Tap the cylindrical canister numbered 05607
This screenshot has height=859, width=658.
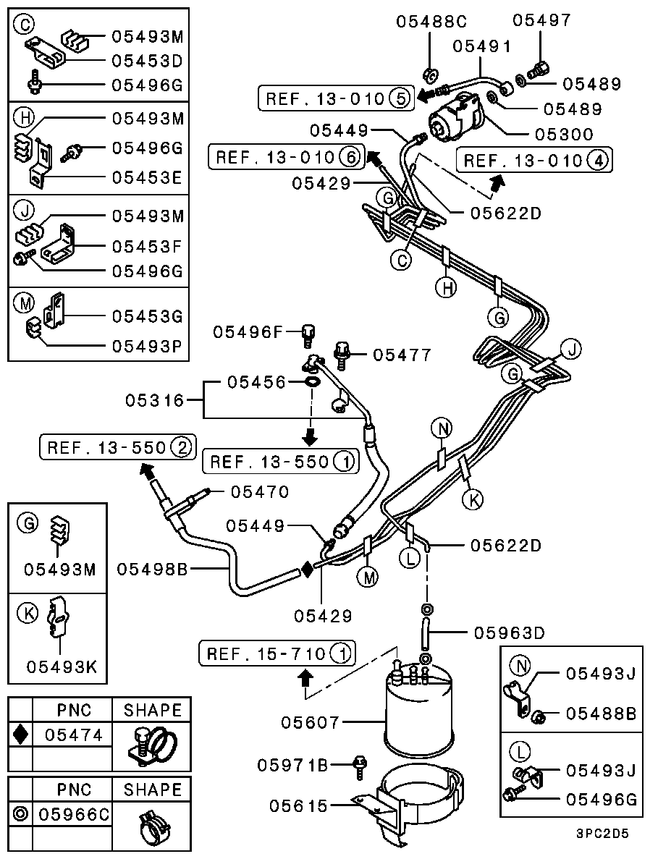[x=418, y=709]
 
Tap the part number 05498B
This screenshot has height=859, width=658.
[x=153, y=570]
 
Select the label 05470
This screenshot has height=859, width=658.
[x=260, y=492]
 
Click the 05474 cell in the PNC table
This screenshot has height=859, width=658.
[x=74, y=735]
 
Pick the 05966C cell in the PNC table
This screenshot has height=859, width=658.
[x=74, y=814]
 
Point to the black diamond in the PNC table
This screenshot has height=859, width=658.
[x=21, y=735]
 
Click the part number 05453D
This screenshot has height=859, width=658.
[x=148, y=61]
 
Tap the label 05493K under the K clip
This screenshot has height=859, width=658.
[x=60, y=666]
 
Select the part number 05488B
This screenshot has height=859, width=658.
[x=601, y=714]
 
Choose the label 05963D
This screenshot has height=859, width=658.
[x=508, y=632]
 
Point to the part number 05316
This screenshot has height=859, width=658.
[x=154, y=399]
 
